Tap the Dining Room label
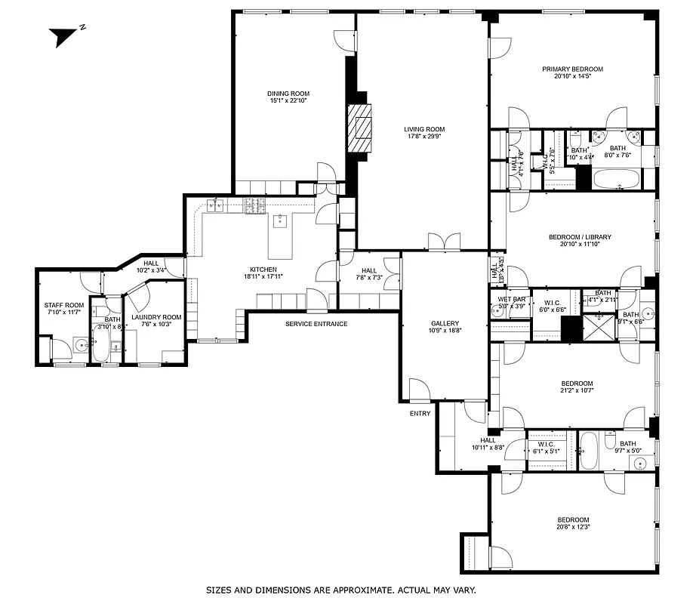coord(288,93)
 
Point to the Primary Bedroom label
coord(572,69)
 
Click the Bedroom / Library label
coord(579,237)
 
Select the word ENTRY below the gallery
coord(420,413)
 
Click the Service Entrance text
coord(316,324)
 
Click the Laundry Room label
coord(156,316)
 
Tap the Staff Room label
coord(63,305)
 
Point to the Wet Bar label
coord(511,299)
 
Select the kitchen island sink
coord(279,220)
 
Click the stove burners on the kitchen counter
coord(252,206)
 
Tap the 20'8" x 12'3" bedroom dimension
coord(573,528)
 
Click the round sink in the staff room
coord(81,348)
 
